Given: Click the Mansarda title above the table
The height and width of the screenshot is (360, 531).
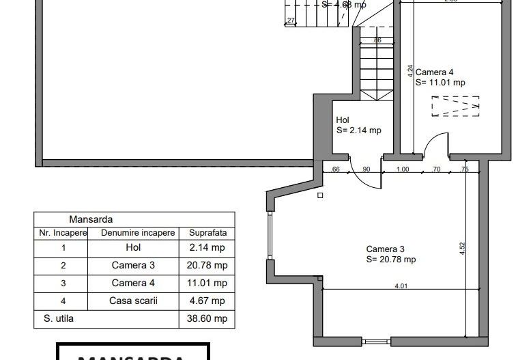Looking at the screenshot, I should [91, 220].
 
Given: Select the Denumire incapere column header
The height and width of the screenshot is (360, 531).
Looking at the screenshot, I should [133, 233].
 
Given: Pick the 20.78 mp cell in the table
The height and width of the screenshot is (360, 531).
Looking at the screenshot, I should [207, 266].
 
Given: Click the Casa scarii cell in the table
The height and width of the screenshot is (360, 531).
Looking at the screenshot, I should [133, 301].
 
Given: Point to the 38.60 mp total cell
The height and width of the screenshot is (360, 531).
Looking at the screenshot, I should [207, 318].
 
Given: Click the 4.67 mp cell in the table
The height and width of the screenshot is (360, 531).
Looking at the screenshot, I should [207, 301].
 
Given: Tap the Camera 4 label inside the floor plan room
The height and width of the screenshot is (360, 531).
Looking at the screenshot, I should [434, 72].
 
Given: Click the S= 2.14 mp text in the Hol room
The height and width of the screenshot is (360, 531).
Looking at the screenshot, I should [358, 130].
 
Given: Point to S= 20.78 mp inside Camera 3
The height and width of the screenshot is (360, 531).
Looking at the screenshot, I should [390, 260].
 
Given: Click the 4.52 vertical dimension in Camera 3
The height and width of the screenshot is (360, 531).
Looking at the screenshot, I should [463, 248].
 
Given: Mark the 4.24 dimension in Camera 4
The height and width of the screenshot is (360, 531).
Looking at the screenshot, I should [411, 72].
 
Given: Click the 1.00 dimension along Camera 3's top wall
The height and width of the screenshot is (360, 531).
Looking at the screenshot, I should [403, 169].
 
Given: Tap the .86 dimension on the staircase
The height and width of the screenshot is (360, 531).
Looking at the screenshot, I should [377, 41].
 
